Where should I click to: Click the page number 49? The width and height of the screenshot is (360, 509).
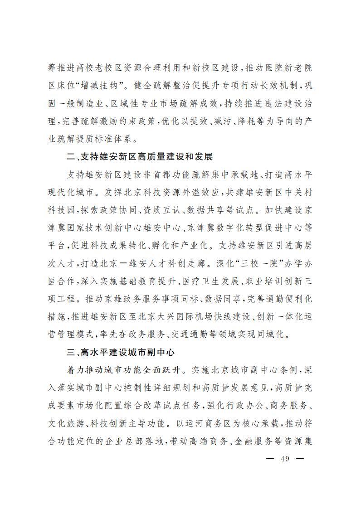click(285, 458)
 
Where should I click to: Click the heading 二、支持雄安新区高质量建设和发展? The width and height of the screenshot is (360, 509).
click(139, 157)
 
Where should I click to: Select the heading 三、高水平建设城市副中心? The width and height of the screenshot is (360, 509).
click(120, 352)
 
